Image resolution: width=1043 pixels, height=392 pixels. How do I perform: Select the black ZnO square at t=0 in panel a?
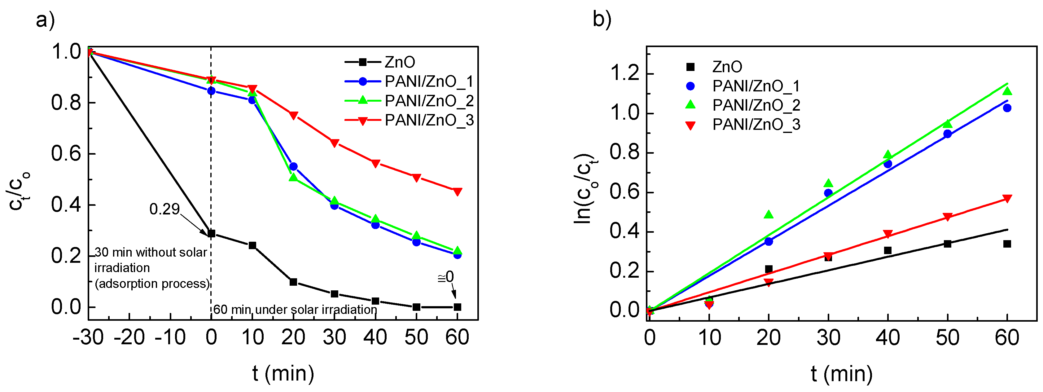[211, 234]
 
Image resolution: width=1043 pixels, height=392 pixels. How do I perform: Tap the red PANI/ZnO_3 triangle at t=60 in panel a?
[457, 192]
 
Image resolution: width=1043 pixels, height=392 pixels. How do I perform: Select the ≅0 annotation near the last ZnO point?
[446, 277]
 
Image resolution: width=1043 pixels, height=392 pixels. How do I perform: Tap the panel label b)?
[602, 20]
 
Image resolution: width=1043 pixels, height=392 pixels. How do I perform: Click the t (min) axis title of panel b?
[841, 373]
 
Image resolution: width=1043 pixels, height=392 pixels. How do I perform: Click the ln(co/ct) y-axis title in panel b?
[585, 189]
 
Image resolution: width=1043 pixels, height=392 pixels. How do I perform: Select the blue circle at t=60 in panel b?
[1007, 108]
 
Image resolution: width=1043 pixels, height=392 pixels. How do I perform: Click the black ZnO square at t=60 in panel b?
[1007, 244]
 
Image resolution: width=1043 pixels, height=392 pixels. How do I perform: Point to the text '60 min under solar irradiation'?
[295, 310]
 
